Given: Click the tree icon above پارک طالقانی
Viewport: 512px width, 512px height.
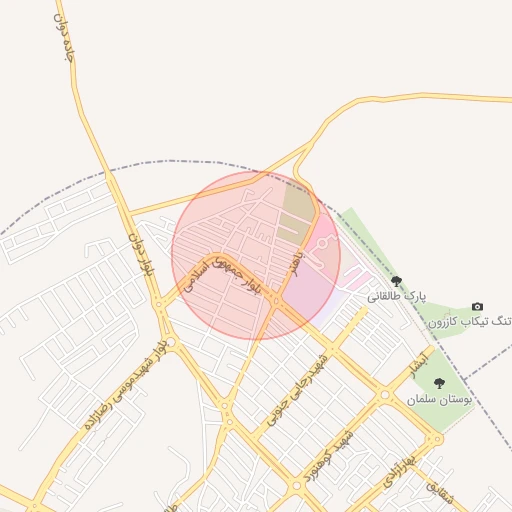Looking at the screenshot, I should pyautogui.click(x=397, y=282).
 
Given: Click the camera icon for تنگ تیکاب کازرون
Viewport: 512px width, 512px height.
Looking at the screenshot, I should pyautogui.click(x=477, y=306).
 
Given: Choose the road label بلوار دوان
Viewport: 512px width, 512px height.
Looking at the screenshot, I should pyautogui.click(x=141, y=255).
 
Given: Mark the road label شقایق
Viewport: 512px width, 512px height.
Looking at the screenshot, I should pyautogui.click(x=440, y=492).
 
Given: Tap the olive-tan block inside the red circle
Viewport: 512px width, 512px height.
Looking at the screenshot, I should pyautogui.click(x=298, y=205).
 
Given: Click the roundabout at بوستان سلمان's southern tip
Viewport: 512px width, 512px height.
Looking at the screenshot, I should pyautogui.click(x=436, y=438).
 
